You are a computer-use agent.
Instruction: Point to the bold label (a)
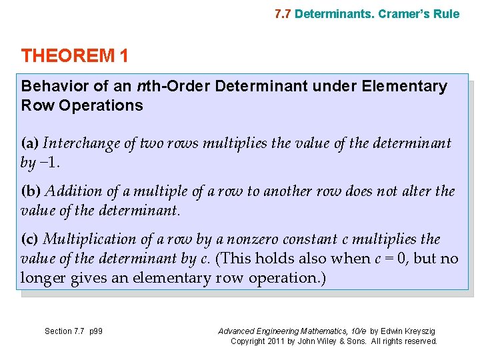(30, 143)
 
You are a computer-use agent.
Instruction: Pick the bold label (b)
(31, 191)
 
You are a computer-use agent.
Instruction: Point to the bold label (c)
(30, 239)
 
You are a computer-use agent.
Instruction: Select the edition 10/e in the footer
(355, 331)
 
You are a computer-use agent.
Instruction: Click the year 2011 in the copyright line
(276, 341)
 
